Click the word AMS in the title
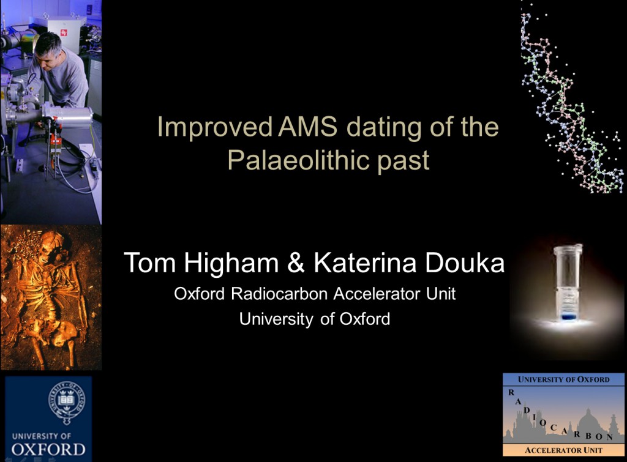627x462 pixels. point(307,127)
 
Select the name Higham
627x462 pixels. point(231,263)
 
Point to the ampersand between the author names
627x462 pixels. point(296,263)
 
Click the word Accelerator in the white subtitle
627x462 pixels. point(377,294)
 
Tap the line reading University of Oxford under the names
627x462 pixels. point(315,319)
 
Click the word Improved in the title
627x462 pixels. point(215,127)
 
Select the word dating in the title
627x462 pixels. point(384,128)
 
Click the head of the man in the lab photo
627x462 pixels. point(48,48)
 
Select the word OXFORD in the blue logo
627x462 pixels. point(48,450)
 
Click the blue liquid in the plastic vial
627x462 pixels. point(568,316)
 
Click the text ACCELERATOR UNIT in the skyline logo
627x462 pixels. point(563,450)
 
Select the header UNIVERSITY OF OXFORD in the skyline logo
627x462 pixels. point(563,379)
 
